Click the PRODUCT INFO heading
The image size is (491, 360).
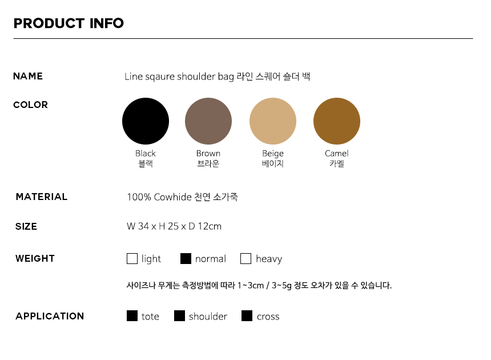(x=69, y=23)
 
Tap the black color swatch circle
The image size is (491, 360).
(x=146, y=121)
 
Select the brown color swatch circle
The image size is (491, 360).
(x=208, y=121)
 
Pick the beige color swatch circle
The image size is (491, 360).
(x=273, y=121)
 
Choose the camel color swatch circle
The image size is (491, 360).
(x=337, y=121)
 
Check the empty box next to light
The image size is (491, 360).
(x=132, y=258)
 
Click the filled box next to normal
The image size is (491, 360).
(x=186, y=258)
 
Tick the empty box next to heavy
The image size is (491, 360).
(x=246, y=258)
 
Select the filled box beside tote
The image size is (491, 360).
(x=132, y=316)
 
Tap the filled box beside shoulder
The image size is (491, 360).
(x=179, y=316)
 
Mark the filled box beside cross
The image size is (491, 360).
(x=247, y=316)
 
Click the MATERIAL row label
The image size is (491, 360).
(x=41, y=197)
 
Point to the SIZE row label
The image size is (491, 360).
(x=26, y=226)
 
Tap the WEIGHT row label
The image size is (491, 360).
(x=35, y=258)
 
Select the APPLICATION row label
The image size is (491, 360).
(x=50, y=316)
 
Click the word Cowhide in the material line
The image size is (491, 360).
(x=172, y=197)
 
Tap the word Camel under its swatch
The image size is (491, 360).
(x=337, y=153)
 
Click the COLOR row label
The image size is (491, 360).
(x=30, y=105)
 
